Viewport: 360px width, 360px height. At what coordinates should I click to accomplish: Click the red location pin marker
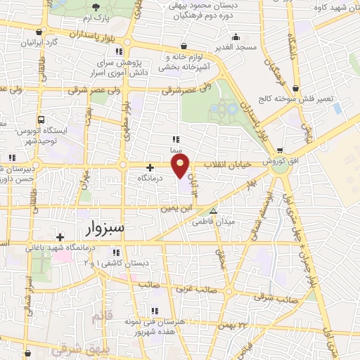point(181,167)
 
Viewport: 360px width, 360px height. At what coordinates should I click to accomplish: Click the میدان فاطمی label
point(214,222)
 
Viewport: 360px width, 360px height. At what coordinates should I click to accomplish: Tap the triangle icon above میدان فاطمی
point(214,211)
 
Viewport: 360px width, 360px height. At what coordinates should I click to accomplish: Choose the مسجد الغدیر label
point(236,46)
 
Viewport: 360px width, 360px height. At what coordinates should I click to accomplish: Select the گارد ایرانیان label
point(39,42)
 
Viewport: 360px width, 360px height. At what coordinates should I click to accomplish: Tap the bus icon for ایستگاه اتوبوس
point(41,120)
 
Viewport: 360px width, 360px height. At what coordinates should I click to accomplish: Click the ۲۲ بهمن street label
point(234,325)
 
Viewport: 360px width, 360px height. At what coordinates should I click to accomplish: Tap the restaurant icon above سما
point(176,139)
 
